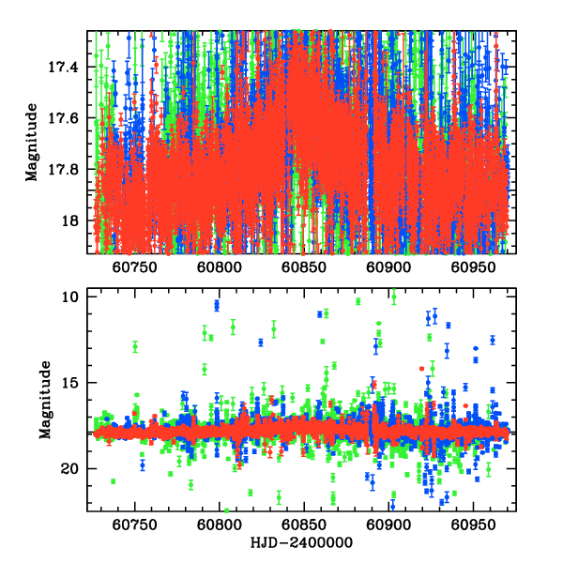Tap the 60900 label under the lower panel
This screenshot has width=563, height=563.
click(388, 526)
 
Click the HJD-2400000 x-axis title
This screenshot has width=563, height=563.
click(302, 543)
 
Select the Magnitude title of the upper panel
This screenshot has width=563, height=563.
click(32, 143)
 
